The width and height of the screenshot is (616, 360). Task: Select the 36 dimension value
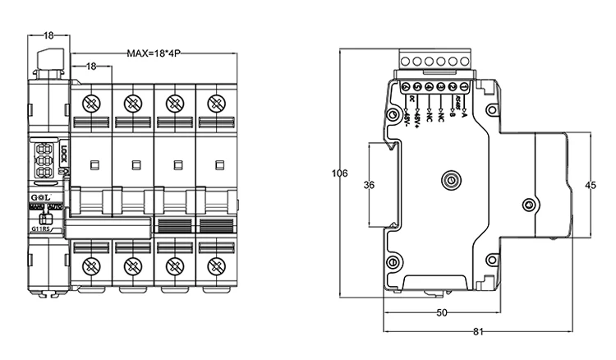click(369, 186)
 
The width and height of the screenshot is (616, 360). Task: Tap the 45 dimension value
click(589, 185)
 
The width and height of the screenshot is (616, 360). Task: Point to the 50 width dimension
click(440, 313)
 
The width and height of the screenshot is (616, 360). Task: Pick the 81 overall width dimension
click(477, 332)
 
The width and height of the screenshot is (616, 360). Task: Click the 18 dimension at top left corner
click(48, 35)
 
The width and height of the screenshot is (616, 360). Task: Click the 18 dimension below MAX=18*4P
click(91, 65)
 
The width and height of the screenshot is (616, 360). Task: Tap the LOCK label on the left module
click(65, 154)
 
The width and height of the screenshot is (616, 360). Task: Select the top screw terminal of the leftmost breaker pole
click(91, 104)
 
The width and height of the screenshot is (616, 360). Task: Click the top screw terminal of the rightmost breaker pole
click(216, 104)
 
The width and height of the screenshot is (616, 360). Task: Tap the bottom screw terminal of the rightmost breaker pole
click(216, 266)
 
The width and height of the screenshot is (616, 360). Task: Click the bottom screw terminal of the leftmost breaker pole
click(91, 266)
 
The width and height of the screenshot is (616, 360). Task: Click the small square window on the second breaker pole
click(134, 164)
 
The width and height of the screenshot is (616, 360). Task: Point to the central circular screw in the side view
click(449, 181)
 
